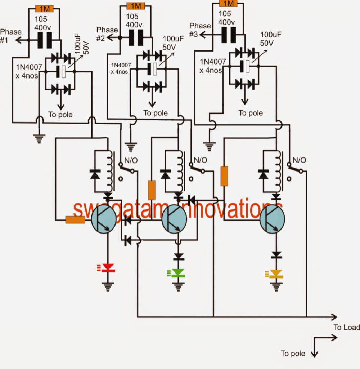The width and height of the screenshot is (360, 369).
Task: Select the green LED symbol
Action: click(x=176, y=273)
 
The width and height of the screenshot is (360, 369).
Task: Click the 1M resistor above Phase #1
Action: click(x=44, y=9)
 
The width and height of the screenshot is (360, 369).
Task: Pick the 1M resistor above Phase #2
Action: click(x=136, y=6)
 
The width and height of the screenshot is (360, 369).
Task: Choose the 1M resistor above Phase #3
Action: click(x=228, y=3)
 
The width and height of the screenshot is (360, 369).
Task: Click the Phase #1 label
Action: click(x=10, y=36)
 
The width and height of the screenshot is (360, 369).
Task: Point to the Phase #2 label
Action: click(x=107, y=34)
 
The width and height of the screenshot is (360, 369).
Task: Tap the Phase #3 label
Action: click(x=200, y=30)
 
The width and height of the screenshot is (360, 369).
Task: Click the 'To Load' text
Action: click(x=347, y=327)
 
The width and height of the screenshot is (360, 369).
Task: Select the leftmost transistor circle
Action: click(x=104, y=219)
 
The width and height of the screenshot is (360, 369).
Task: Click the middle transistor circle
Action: click(x=174, y=219)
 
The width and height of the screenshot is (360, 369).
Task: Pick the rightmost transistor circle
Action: click(x=272, y=219)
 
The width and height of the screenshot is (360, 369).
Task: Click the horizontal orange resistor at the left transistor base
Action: click(x=75, y=220)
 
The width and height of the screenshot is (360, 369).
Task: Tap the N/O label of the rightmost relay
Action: click(x=299, y=160)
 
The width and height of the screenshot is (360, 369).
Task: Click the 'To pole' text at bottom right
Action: click(x=293, y=353)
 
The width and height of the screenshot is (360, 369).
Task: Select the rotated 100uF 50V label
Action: click(x=82, y=44)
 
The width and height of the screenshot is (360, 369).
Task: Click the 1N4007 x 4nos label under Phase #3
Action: click(x=212, y=66)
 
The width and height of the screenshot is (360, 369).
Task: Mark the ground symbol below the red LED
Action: click(x=108, y=287)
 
